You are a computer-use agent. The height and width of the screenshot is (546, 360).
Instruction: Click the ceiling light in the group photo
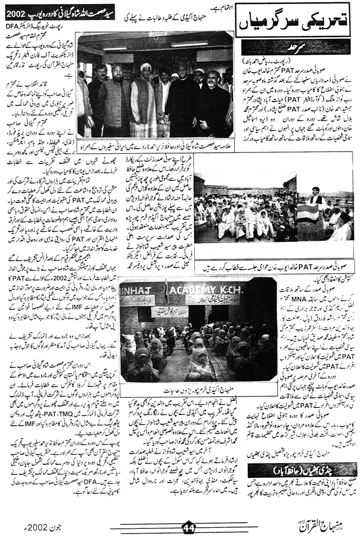[189, 44]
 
